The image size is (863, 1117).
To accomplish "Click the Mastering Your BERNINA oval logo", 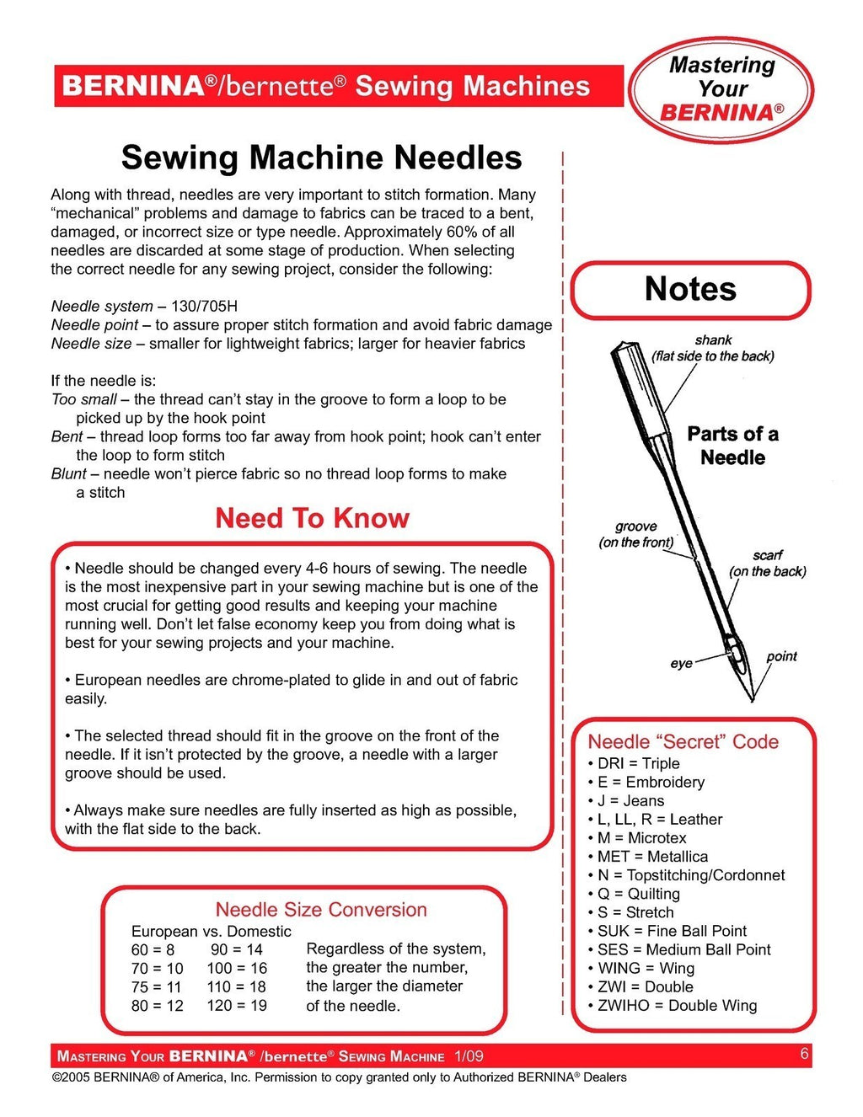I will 721,89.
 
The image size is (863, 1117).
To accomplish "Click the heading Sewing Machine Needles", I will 321,158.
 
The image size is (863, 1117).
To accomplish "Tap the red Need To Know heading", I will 312,518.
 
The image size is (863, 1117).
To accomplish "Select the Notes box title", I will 690,289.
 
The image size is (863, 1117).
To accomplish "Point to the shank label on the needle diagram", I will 713,340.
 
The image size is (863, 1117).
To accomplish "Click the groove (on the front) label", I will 636,534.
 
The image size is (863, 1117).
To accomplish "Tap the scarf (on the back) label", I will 767,563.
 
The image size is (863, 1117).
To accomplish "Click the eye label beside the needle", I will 681,664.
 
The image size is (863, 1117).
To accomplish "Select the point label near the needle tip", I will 781,656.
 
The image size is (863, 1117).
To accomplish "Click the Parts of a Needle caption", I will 732,446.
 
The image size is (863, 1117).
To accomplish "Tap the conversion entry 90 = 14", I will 237,949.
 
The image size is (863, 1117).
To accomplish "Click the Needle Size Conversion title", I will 321,910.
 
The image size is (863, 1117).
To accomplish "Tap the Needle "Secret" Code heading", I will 683,742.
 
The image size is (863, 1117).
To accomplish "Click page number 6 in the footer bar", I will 805,1054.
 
